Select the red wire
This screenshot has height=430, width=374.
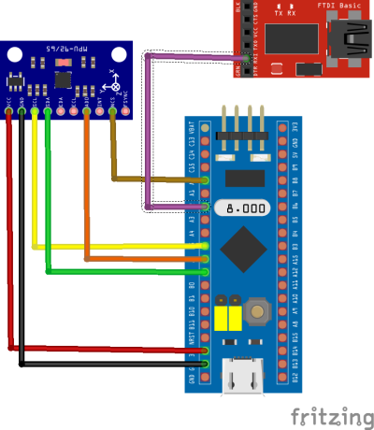tap(10, 234)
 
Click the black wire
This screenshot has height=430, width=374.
tap(21, 243)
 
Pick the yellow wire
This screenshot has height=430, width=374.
tap(35, 187)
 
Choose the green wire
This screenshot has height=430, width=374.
tap(48, 206)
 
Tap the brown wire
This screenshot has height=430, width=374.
tap(113, 150)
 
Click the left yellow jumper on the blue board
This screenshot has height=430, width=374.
tap(222, 320)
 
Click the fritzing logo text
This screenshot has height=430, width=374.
tap(327, 414)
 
